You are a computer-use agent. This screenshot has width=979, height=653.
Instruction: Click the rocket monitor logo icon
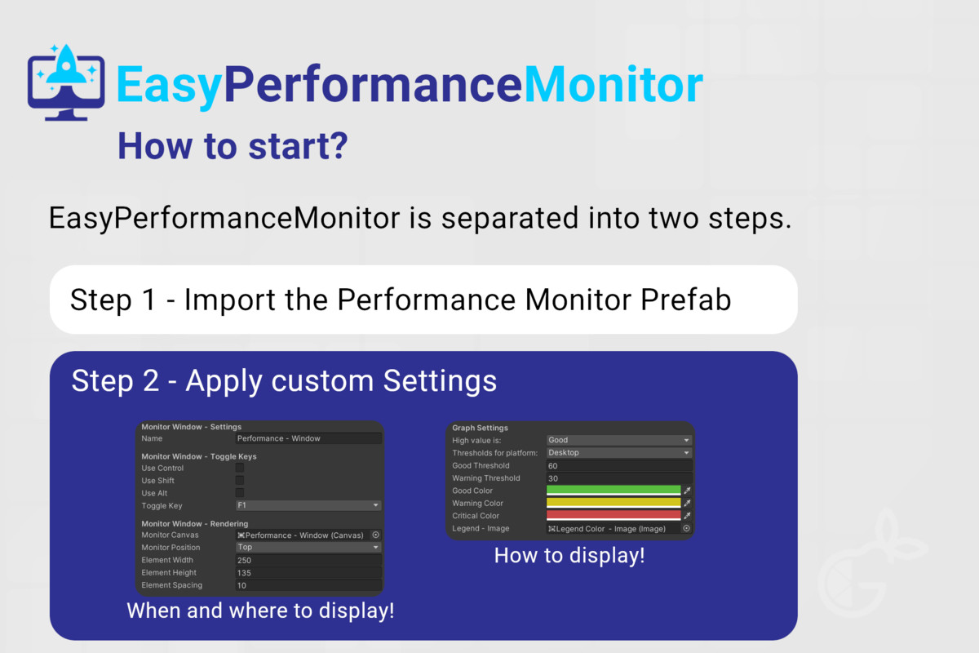pos(66,82)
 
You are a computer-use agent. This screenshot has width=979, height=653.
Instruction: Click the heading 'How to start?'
pos(233,146)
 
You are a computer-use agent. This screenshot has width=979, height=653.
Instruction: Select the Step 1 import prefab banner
pos(423,300)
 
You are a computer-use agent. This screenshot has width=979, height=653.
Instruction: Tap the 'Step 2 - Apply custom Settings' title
pos(284,380)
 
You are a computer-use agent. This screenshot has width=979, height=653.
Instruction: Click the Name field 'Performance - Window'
pos(308,438)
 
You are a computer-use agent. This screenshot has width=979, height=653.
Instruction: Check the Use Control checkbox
pos(240,468)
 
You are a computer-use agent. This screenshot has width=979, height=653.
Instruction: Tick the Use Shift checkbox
pos(240,480)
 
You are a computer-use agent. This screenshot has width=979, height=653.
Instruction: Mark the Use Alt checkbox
pos(240,493)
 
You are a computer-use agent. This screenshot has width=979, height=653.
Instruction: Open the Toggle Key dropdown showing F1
pos(308,505)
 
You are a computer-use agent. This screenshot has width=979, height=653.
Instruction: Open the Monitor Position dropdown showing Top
pos(308,547)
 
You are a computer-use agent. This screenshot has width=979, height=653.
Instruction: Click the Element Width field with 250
pos(308,560)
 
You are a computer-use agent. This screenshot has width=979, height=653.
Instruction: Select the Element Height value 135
pos(308,573)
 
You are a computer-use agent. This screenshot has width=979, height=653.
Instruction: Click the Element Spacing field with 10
pos(308,585)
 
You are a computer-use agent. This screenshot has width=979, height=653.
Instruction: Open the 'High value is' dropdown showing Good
pos(619,440)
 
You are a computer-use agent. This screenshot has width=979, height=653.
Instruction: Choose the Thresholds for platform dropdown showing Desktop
pos(619,453)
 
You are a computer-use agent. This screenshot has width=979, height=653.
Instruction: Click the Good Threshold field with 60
pos(619,466)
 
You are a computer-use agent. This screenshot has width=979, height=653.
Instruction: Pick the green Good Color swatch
pos(614,491)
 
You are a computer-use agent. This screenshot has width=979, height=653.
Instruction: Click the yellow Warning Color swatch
pos(614,503)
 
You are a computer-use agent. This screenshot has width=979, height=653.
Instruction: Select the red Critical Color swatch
pos(614,516)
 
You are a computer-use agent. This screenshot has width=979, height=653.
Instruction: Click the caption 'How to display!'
pos(569,556)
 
